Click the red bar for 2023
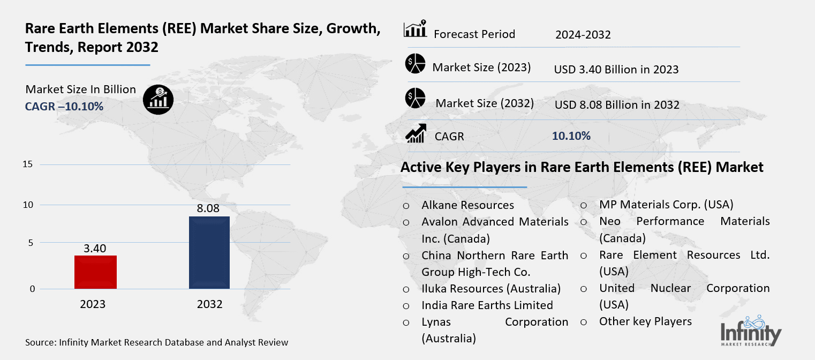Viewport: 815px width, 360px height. click(95, 272)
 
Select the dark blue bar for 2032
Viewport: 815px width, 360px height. click(209, 252)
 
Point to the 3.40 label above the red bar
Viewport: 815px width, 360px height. click(95, 248)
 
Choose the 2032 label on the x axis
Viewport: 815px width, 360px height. click(209, 304)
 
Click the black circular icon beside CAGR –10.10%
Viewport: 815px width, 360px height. click(158, 99)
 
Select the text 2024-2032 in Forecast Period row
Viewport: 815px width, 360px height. click(583, 35)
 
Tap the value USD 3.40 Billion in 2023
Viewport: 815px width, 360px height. click(616, 69)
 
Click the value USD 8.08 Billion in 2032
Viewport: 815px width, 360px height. click(616, 104)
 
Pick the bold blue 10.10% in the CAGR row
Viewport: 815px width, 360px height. click(571, 136)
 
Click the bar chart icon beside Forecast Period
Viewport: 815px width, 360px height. click(415, 29)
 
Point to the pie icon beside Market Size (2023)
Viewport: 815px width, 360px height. click(415, 64)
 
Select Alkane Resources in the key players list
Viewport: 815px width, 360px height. click(467, 205)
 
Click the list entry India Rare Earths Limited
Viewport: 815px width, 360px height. click(487, 305)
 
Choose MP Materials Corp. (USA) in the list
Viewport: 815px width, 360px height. click(666, 205)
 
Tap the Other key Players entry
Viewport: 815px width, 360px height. click(645, 321)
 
